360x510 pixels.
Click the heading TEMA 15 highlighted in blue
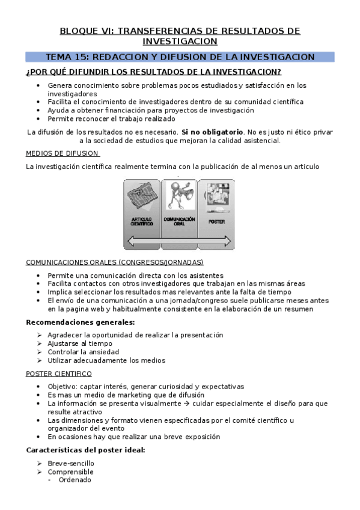point(180,57)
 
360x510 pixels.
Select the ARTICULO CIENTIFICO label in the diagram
point(142,221)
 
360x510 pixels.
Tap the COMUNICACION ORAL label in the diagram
point(179,220)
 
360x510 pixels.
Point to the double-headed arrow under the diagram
point(178,241)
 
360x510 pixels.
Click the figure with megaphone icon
point(179,196)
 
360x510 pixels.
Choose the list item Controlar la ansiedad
point(83,352)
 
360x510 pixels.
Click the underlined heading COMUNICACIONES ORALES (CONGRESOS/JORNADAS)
point(115,262)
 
